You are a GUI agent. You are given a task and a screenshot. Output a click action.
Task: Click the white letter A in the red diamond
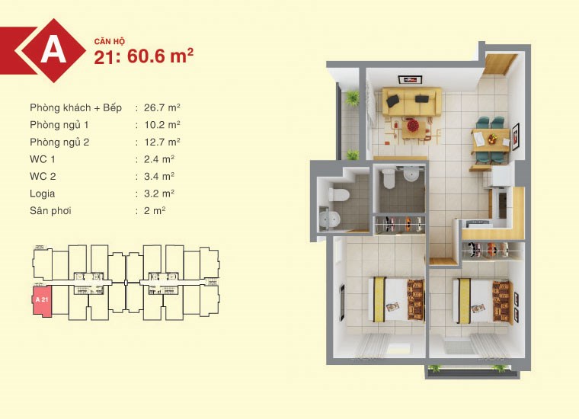coord(54,50)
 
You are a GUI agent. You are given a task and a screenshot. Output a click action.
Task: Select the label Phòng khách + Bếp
coord(75,107)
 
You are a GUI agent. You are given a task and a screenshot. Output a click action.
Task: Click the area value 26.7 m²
coord(162,107)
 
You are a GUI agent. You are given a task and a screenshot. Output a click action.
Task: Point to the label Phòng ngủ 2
coord(59,142)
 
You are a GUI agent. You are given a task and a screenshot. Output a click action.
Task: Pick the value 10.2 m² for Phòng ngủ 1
coord(162,125)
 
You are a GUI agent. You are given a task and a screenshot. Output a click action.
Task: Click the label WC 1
coord(43,159)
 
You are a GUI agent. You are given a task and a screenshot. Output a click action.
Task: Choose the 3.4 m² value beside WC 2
coord(159,177)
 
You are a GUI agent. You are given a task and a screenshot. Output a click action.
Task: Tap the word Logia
coord(43,194)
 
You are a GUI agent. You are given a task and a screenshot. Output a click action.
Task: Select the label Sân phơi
coord(50,211)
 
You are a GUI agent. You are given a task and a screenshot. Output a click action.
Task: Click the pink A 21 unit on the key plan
coord(42,300)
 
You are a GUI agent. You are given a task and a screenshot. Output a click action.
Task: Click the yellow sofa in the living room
coord(411,101)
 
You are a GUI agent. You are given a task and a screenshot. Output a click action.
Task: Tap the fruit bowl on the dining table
coord(492,139)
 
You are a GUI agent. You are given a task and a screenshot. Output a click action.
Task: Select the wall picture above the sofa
coord(410,79)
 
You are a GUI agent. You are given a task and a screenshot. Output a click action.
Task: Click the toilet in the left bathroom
coord(338,194)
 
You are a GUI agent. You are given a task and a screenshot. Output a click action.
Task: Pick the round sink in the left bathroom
coord(329,219)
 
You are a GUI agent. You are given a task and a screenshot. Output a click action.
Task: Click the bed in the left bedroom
coord(397,299)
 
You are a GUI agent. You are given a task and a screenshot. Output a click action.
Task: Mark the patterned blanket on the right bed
coord(502,301)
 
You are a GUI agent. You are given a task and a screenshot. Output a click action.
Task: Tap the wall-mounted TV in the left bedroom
coord(342,301)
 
